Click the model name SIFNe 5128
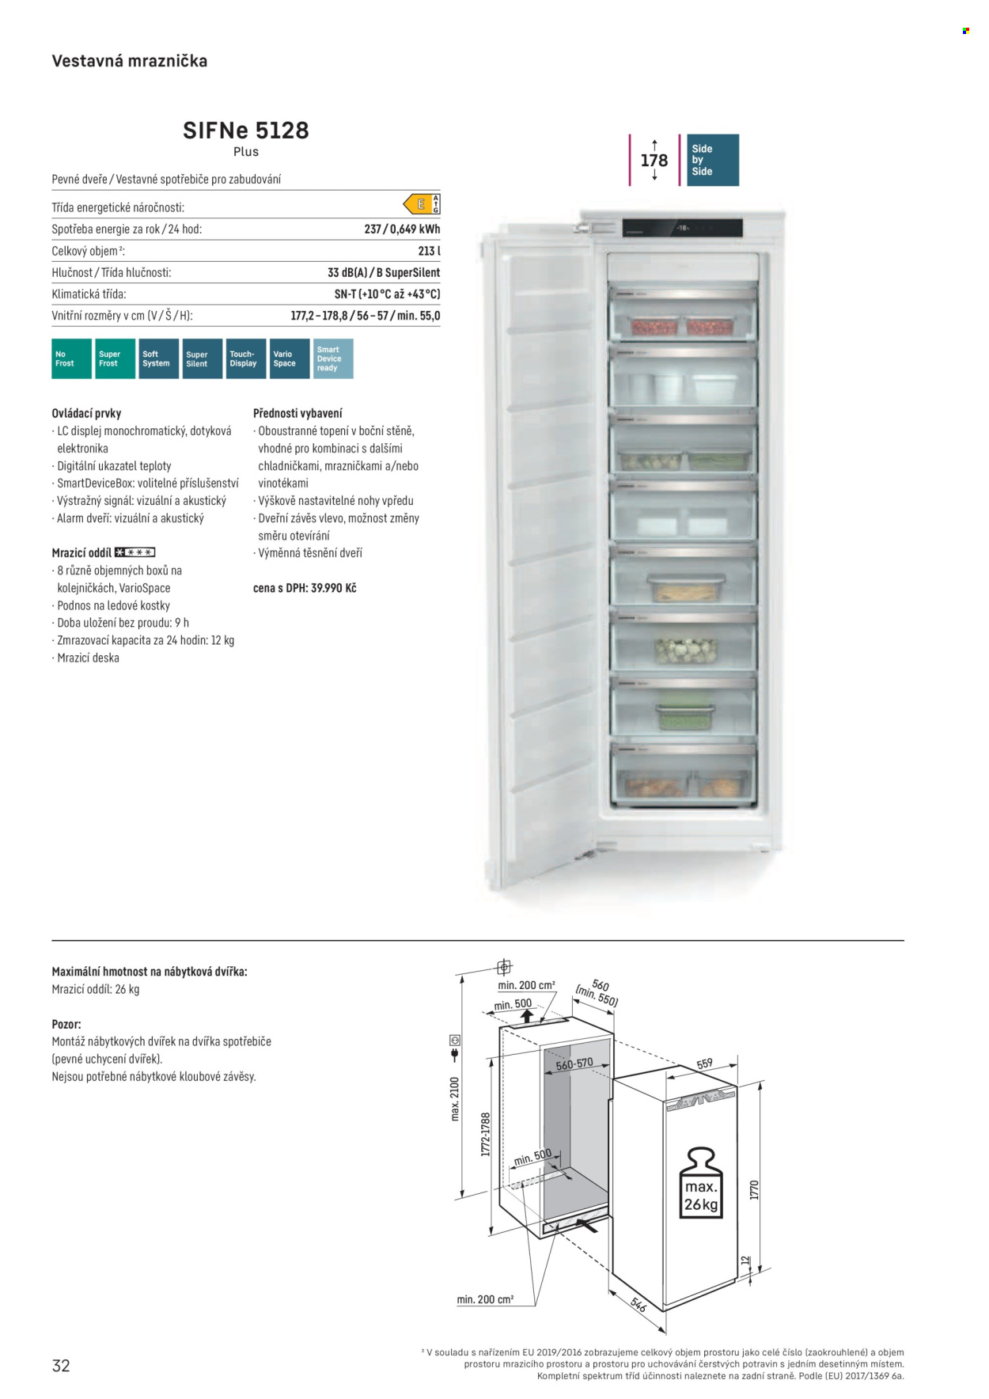(x=245, y=130)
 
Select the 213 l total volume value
(x=429, y=251)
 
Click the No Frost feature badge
(x=71, y=358)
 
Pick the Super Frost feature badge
(x=115, y=358)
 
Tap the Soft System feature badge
(x=158, y=358)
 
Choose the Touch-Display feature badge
(x=245, y=358)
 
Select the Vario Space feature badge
(x=289, y=358)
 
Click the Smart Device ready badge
(x=333, y=358)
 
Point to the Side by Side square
(x=713, y=160)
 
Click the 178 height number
(x=654, y=161)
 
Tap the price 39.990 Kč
(x=333, y=588)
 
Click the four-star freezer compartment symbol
(x=135, y=552)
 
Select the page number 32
(x=61, y=1365)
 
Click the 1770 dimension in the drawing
(x=754, y=1189)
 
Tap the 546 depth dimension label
(x=638, y=1304)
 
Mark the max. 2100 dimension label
(x=455, y=1099)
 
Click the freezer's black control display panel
(x=682, y=228)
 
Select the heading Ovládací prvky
(x=86, y=413)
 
